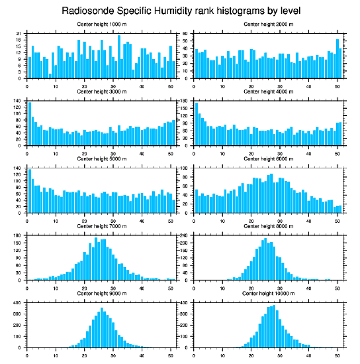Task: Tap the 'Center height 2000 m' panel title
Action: pyautogui.click(x=268, y=24)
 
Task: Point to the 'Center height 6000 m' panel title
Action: pyautogui.click(x=268, y=159)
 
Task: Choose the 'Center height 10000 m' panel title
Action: pyautogui.click(x=268, y=293)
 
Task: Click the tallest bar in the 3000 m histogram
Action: pyautogui.click(x=30, y=124)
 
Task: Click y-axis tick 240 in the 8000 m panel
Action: pyautogui.click(x=185, y=235)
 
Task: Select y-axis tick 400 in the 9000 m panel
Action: pyautogui.click(x=18, y=303)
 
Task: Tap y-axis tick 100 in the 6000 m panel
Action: pyautogui.click(x=185, y=168)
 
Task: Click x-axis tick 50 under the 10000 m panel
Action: pyautogui.click(x=337, y=354)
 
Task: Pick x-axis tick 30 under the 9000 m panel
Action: pyautogui.click(x=113, y=354)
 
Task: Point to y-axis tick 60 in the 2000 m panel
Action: pyautogui.click(x=186, y=34)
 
